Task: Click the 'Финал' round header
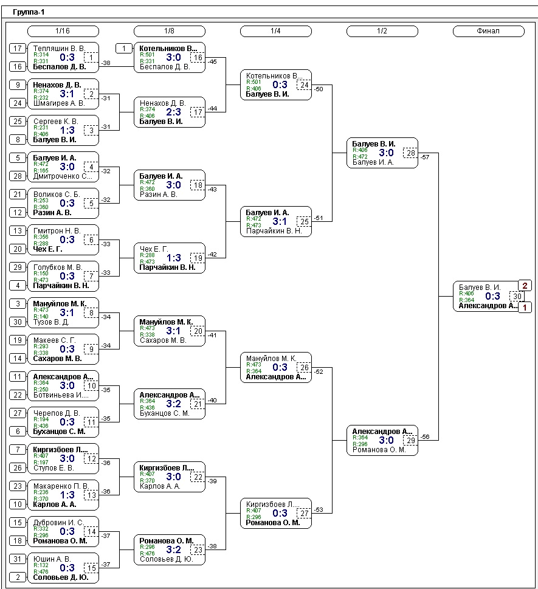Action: (488, 31)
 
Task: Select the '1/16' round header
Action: (63, 31)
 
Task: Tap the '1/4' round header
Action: (275, 31)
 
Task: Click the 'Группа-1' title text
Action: (29, 12)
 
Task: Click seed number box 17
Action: (18, 49)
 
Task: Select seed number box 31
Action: (18, 559)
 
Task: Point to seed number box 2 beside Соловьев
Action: (18, 577)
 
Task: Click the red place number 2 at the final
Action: (525, 286)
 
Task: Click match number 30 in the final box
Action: (517, 297)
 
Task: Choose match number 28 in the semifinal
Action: (411, 153)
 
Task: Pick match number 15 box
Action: (91, 568)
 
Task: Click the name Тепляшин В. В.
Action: (58, 49)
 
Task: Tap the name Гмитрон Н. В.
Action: (57, 231)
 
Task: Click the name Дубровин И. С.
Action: (58, 523)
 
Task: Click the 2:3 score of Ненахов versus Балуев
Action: (174, 112)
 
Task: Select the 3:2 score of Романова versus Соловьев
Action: (174, 549)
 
